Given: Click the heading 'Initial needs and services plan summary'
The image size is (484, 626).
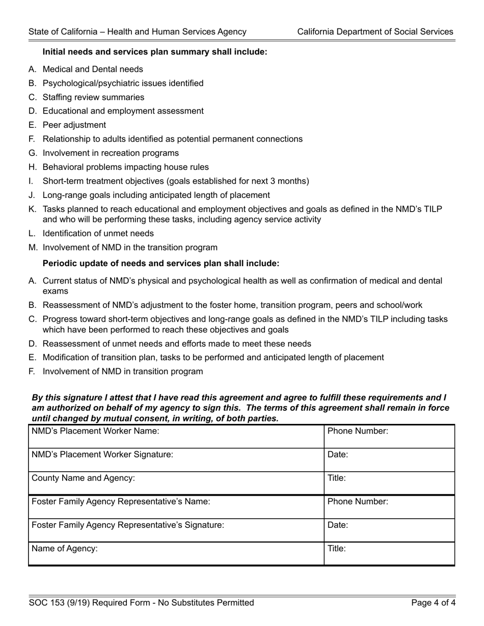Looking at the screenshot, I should [154, 52].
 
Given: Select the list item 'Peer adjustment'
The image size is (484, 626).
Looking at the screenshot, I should [74, 125].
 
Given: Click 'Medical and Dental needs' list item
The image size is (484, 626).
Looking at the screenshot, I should [93, 69].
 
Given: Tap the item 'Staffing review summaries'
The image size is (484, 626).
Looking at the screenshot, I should [93, 97].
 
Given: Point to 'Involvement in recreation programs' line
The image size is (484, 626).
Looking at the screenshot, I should [111, 153].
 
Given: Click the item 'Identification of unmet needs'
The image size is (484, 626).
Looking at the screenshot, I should [98, 234].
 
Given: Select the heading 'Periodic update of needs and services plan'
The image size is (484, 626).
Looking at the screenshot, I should [160, 264].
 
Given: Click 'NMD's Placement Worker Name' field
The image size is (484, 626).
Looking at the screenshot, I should [176, 437].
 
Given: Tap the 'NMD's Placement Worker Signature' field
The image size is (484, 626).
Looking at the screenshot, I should [176, 460].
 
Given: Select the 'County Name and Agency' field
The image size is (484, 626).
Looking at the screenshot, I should [176, 483].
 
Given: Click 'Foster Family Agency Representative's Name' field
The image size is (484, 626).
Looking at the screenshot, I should [176, 507].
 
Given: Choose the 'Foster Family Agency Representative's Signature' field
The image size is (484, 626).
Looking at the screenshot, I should [176, 530].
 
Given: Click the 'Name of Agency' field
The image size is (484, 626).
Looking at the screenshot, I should [176, 554].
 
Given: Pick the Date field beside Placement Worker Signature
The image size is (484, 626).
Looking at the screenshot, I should [389, 460].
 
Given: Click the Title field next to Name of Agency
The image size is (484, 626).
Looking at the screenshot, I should [389, 554].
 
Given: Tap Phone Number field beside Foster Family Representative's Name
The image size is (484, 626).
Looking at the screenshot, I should [389, 507].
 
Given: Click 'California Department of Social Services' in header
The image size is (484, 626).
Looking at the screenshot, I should [375, 32].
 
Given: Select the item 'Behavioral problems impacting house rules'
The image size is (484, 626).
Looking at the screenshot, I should [125, 167].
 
